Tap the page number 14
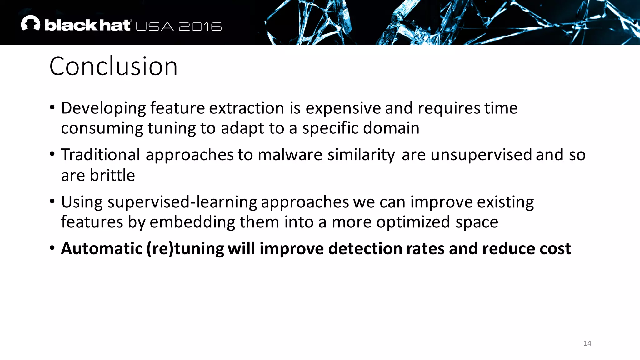(587, 343)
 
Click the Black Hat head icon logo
(31, 23)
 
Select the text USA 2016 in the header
(179, 27)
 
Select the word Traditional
(101, 155)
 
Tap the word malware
(290, 155)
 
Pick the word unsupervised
(481, 155)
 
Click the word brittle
(112, 175)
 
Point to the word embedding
(192, 222)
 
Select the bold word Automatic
(102, 249)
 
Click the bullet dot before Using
(52, 202)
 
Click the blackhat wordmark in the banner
(87, 25)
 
